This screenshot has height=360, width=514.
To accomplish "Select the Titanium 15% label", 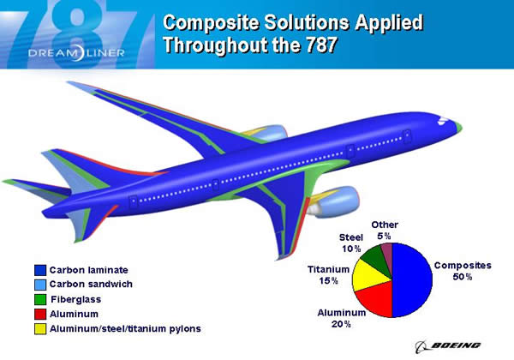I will (328, 274).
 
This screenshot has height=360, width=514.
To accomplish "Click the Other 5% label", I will (383, 230).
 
